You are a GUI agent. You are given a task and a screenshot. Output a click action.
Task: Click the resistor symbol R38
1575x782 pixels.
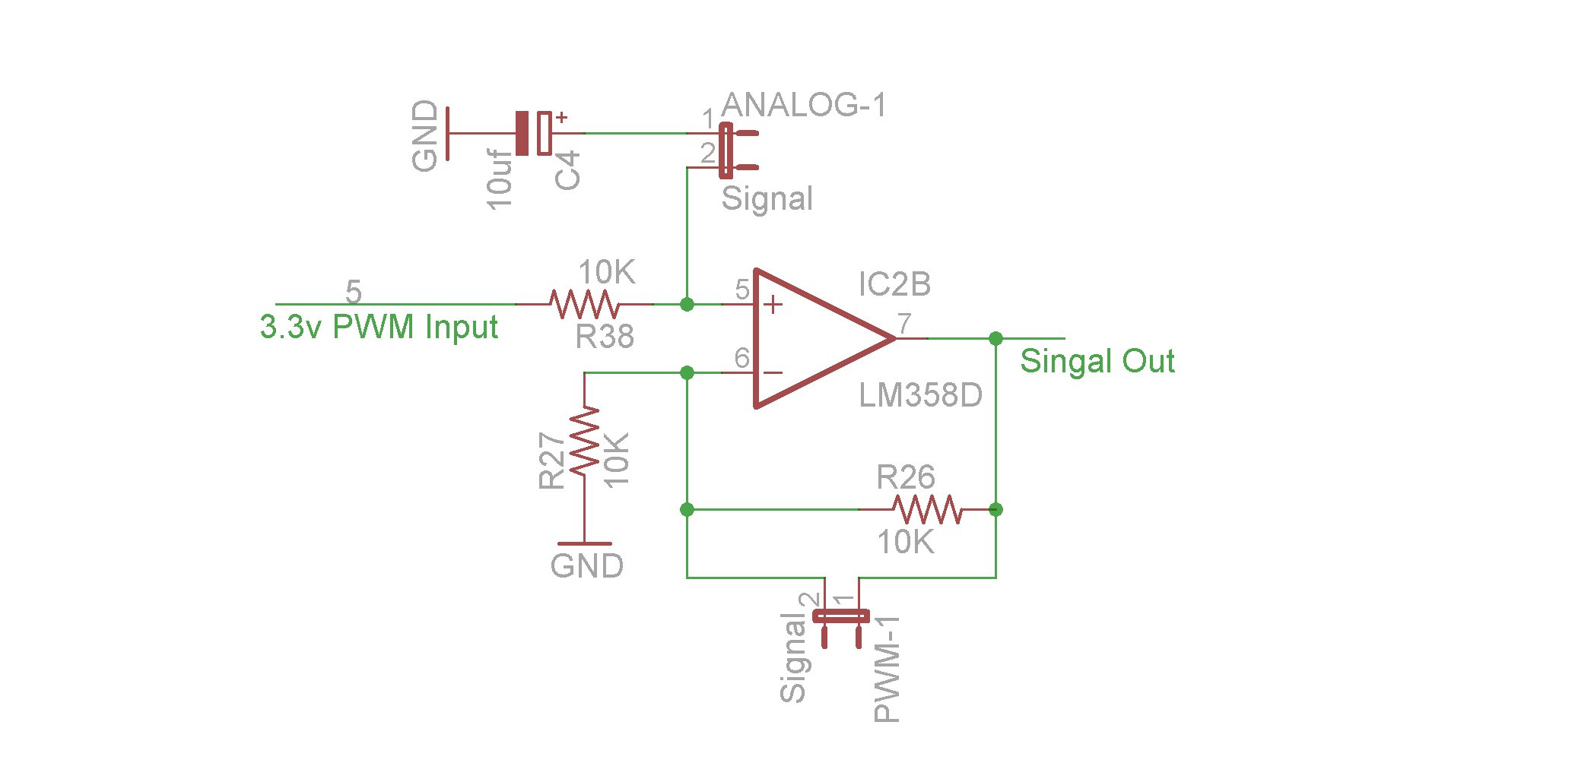click(x=584, y=304)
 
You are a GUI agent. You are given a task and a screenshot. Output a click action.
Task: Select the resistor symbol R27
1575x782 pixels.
click(x=585, y=442)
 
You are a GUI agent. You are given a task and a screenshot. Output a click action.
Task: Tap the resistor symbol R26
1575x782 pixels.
click(x=927, y=509)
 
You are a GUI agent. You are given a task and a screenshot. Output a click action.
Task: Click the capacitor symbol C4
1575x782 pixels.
click(x=533, y=133)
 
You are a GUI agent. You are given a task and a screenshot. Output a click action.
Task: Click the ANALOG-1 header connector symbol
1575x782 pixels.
click(x=729, y=150)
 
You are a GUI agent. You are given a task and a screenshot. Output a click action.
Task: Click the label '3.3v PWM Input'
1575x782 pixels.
click(x=379, y=328)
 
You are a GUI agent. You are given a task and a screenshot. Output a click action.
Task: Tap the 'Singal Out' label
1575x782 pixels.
click(x=1097, y=361)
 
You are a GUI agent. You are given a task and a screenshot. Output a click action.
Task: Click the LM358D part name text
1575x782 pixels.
click(x=920, y=395)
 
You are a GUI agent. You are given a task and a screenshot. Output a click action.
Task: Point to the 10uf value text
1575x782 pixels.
click(x=500, y=179)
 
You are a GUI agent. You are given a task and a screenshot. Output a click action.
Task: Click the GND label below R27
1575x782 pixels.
click(x=586, y=566)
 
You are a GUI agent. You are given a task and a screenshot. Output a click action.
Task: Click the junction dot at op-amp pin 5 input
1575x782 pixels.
click(x=687, y=305)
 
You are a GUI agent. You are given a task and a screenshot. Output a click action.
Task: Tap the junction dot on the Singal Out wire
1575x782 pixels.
click(x=995, y=338)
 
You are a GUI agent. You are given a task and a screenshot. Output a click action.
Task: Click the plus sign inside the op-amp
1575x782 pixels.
click(x=773, y=305)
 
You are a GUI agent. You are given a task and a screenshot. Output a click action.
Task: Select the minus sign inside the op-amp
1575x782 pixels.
click(x=773, y=372)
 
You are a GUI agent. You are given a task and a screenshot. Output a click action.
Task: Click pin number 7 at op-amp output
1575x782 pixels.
click(x=904, y=323)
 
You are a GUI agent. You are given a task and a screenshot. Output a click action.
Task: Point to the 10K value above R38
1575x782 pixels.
click(x=606, y=272)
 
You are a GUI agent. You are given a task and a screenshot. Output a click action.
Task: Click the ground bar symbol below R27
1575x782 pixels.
click(x=584, y=543)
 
